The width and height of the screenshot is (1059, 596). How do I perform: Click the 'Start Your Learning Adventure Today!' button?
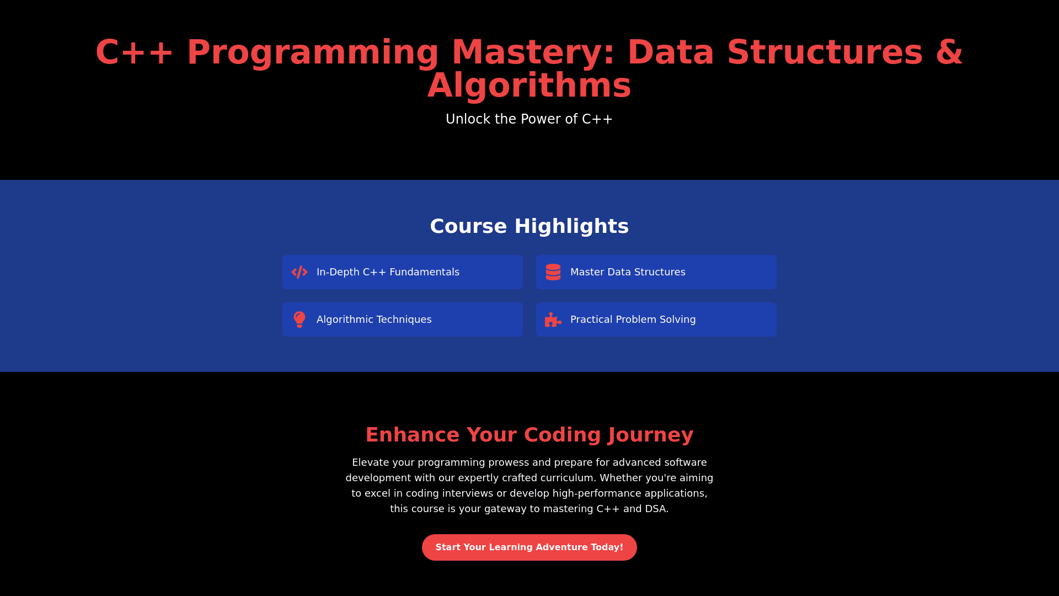(x=529, y=547)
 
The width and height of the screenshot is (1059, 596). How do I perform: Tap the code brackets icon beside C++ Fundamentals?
(x=299, y=272)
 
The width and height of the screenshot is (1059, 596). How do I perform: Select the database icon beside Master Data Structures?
(x=553, y=272)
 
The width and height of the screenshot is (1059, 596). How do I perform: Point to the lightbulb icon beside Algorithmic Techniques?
(x=299, y=320)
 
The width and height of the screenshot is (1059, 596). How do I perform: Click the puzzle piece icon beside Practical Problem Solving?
(x=553, y=320)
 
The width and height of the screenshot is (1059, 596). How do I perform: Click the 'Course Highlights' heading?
(x=529, y=226)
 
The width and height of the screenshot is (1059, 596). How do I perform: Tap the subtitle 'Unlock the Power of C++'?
(x=529, y=119)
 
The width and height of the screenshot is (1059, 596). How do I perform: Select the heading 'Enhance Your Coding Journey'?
(x=529, y=435)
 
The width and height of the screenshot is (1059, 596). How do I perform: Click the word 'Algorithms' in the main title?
(x=529, y=86)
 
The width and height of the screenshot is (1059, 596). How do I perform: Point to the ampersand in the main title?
(x=949, y=52)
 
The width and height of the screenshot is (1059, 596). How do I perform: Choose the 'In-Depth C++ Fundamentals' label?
(x=388, y=272)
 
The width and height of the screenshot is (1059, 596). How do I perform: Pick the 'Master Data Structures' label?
(x=628, y=272)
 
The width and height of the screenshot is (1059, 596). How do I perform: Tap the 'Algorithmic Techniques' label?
(x=374, y=320)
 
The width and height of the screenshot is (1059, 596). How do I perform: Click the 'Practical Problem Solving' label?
(x=633, y=320)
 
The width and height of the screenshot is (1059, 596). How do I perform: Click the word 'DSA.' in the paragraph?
(x=657, y=509)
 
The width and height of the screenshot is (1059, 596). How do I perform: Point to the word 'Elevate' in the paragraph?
(x=372, y=462)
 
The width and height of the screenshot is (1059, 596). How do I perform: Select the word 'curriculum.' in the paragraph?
(x=568, y=478)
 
